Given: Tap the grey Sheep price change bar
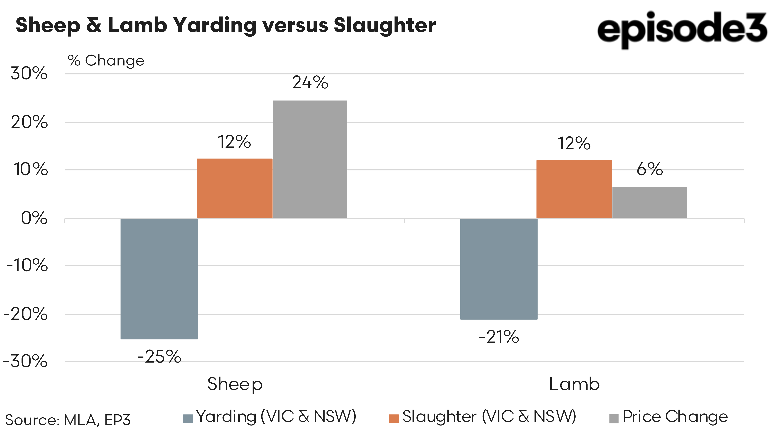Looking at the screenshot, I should [310, 159].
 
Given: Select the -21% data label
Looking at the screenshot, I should [499, 337].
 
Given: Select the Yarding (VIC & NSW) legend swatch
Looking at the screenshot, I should [188, 419].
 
